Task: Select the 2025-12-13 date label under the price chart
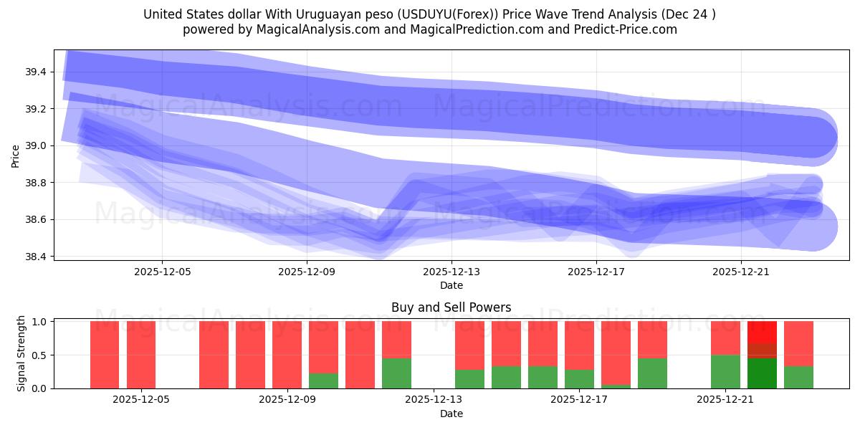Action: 451,272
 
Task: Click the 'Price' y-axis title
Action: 16,156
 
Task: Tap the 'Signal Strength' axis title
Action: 21,353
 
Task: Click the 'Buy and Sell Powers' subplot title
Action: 451,307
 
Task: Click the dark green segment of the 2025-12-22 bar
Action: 762,373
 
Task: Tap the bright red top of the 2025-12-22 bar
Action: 762,332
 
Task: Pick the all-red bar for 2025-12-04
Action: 105,355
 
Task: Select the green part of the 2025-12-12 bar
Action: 396,373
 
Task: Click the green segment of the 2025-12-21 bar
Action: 725,371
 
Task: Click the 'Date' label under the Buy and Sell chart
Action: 451,414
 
